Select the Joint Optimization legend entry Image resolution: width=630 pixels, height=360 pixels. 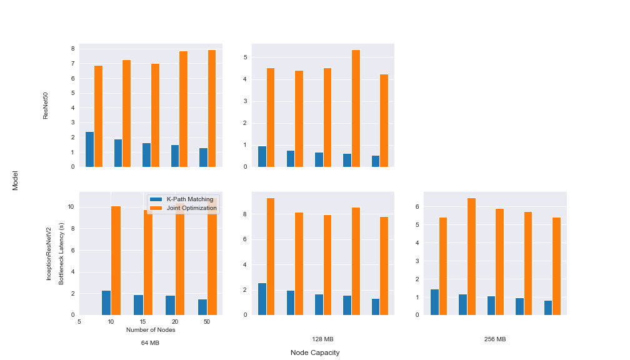(x=183, y=208)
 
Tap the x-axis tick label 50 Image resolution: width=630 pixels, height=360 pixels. (x=206, y=322)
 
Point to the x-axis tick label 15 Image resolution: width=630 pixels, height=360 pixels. (x=142, y=322)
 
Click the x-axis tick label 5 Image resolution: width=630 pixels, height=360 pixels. (x=79, y=322)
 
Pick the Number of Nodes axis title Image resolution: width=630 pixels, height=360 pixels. (x=151, y=330)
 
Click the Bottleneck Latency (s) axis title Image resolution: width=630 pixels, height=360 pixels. (x=61, y=254)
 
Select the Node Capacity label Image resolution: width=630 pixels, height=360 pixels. (x=315, y=352)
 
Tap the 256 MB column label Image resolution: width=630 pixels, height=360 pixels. (x=495, y=339)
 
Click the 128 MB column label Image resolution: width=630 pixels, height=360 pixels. (x=322, y=339)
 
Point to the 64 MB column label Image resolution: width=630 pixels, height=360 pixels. (x=150, y=342)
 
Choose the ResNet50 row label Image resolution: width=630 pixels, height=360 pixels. (x=46, y=106)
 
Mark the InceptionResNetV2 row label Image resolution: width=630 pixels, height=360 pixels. (x=49, y=254)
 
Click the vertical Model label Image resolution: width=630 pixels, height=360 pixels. (x=15, y=181)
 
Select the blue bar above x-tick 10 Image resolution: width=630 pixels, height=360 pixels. (x=106, y=303)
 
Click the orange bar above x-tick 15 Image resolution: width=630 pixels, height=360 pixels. (x=148, y=262)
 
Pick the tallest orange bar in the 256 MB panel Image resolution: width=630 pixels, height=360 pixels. (x=471, y=257)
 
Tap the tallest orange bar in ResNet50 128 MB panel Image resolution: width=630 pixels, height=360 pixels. (x=356, y=109)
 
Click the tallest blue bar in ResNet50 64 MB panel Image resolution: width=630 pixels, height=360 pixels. (x=89, y=149)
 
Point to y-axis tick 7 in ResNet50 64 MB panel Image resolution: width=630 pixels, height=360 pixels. (x=73, y=64)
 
